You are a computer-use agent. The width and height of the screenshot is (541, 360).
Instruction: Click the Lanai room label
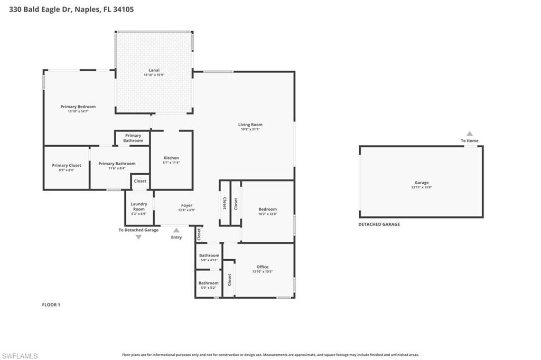[154, 70]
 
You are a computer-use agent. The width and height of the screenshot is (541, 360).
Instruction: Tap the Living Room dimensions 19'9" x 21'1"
[250, 129]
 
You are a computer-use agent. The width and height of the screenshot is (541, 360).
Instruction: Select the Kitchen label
[171, 158]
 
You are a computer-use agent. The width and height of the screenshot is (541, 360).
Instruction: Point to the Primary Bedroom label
[78, 107]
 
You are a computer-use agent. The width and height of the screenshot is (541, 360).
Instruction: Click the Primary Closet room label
[67, 165]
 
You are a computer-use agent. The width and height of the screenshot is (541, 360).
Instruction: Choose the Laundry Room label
[139, 206]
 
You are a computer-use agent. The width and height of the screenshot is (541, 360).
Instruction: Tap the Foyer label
[186, 205]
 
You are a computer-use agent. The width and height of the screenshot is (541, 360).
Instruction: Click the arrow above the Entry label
[176, 230]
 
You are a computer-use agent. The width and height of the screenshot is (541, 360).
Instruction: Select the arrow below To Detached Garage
[138, 237]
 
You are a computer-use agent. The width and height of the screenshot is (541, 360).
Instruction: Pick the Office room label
[263, 267]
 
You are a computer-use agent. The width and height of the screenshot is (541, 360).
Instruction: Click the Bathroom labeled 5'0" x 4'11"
[209, 260]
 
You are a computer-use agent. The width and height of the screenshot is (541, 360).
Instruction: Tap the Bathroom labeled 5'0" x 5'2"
[209, 288]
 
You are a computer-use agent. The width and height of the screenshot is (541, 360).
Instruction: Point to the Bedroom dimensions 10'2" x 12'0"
[267, 214]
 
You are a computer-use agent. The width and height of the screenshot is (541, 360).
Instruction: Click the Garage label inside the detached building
[422, 183]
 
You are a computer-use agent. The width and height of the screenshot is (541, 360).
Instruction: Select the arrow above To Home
[470, 134]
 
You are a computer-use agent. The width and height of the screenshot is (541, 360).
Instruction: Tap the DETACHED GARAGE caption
[379, 224]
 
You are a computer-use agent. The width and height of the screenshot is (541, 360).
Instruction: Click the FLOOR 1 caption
[51, 305]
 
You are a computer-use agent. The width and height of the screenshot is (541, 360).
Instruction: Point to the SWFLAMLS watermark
[20, 356]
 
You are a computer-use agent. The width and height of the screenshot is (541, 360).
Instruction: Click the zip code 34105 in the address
[123, 9]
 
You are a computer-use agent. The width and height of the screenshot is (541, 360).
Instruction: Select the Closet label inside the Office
[230, 280]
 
